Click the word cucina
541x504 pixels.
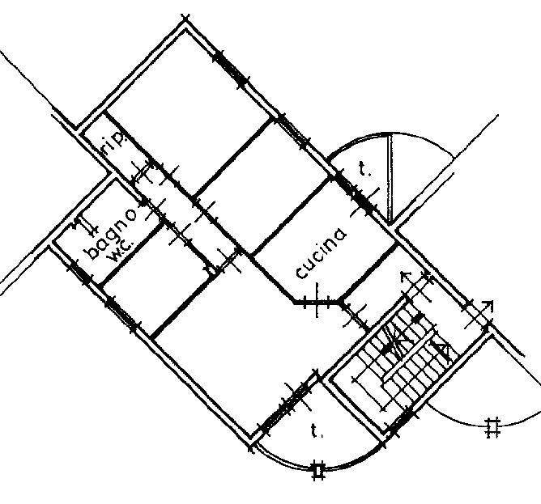tap(322, 252)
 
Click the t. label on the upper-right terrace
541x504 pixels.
tap(364, 170)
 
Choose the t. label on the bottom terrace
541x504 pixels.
tap(314, 431)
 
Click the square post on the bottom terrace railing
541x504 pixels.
tap(318, 468)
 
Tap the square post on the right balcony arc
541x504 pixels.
tap(492, 426)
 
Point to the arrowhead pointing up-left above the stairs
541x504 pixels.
tap(405, 276)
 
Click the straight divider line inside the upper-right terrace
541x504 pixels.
tap(390, 178)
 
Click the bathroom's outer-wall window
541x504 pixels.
tap(82, 271)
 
